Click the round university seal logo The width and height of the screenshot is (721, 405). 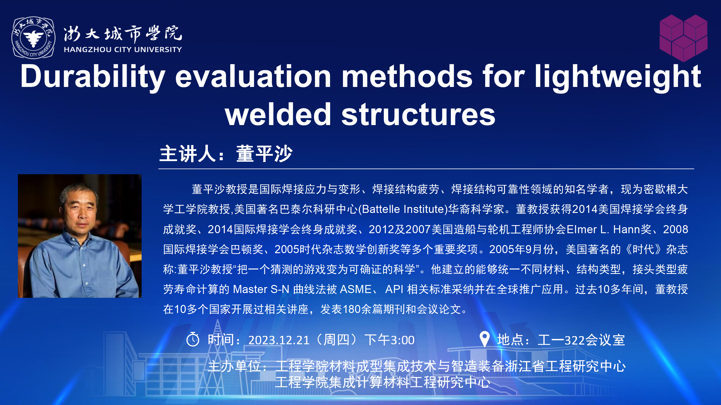pos(33,38)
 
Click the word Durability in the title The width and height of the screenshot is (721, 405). pos(93,77)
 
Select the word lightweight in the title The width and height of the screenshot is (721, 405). pos(618,77)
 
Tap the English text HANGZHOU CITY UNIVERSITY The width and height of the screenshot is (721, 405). pos(123,49)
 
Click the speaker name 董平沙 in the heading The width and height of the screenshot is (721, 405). pos(264,154)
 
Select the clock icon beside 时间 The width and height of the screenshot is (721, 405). pos(193,339)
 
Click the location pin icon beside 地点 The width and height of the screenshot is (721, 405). pos(485,339)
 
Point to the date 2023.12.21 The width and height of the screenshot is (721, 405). pos(279,340)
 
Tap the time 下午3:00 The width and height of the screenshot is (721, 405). pos(389,340)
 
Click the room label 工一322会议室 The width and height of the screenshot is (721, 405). pos(581,340)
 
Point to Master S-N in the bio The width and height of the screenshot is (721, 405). pos(261,289)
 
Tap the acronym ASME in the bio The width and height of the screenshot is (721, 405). pos(356,289)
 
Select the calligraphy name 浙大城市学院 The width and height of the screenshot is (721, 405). pos(123,33)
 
